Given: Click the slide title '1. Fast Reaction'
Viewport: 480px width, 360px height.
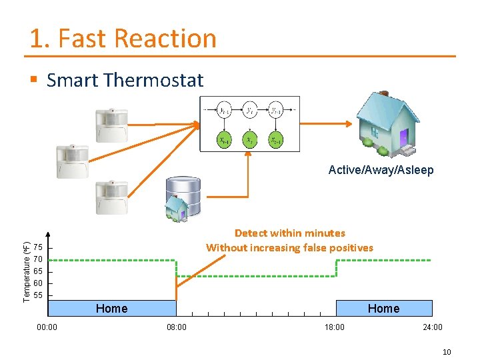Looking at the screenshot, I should pyautogui.click(x=123, y=39).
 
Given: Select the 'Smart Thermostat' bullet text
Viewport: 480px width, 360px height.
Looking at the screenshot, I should pyautogui.click(x=125, y=81).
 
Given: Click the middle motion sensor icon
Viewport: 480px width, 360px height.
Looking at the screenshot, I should pyautogui.click(x=72, y=161).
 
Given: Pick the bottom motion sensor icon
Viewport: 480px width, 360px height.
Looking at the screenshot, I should pyautogui.click(x=111, y=197).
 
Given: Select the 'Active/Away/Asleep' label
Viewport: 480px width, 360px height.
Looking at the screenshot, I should pyautogui.click(x=381, y=170).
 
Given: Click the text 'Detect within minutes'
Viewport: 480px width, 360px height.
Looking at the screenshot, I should pyautogui.click(x=289, y=233).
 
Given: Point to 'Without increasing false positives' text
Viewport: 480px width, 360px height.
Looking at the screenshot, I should pyautogui.click(x=289, y=248).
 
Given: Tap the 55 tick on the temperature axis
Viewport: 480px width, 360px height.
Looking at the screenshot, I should pyautogui.click(x=38, y=295).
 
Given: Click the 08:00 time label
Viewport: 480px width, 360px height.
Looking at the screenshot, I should pyautogui.click(x=176, y=327).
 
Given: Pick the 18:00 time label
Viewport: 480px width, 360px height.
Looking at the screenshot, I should pyautogui.click(x=334, y=327).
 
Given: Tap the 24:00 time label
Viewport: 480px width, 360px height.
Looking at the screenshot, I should pyautogui.click(x=432, y=327).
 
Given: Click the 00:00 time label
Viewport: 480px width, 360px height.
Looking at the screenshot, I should pyautogui.click(x=47, y=327).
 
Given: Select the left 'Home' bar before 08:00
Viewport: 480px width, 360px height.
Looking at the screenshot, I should pyautogui.click(x=112, y=308).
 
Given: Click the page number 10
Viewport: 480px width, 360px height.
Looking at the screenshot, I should pyautogui.click(x=447, y=351).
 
